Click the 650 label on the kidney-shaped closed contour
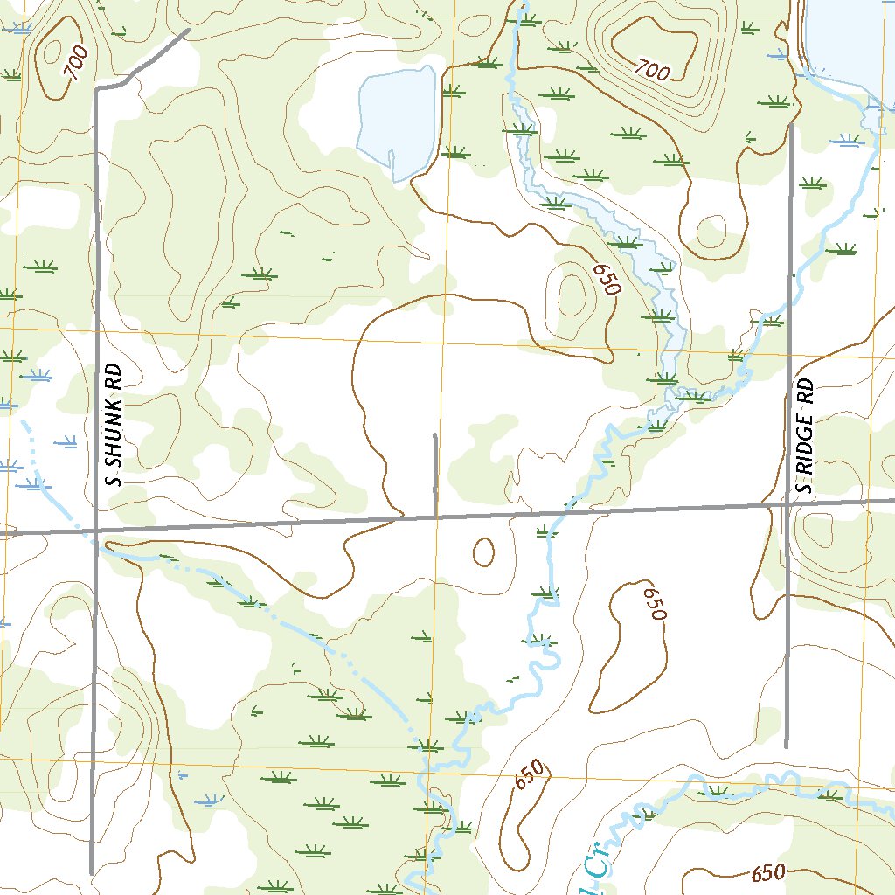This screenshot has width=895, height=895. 655,604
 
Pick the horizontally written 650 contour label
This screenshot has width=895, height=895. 768,872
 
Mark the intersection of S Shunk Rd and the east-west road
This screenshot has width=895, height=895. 94,530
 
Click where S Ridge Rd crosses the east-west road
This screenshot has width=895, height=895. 789,505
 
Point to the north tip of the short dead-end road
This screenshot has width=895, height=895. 435,434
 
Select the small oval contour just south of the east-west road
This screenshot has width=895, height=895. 482,552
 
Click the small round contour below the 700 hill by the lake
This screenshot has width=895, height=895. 710,232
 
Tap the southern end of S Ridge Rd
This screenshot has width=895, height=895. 787,746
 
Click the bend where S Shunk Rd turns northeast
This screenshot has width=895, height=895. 98,88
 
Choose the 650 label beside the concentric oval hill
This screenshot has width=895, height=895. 605,280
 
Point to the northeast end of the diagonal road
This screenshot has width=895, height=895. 188,31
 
